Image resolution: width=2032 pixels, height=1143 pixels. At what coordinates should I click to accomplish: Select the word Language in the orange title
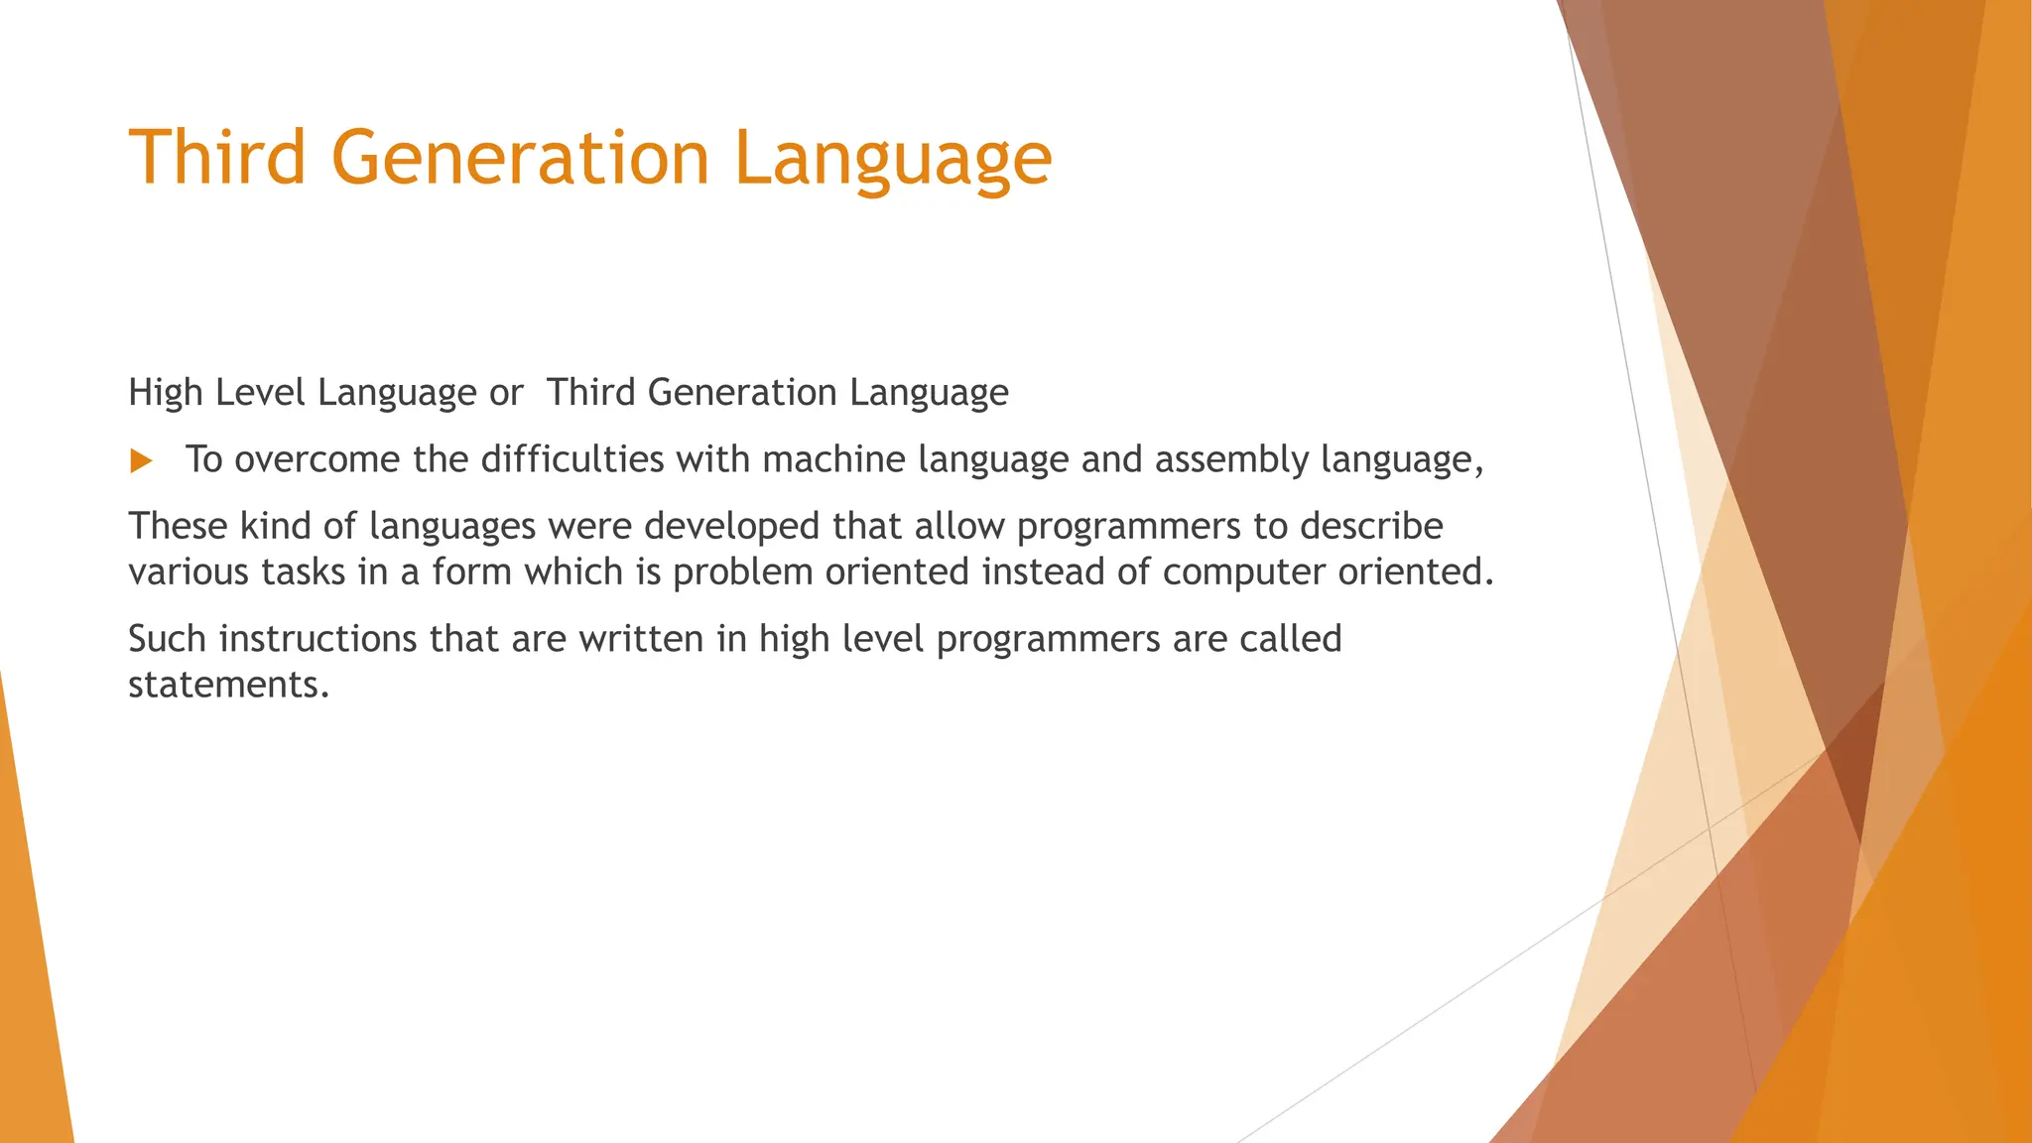[892, 159]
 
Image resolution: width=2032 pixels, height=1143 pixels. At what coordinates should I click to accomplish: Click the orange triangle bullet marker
[141, 461]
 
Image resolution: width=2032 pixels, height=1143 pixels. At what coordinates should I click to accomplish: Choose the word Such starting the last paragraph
[168, 638]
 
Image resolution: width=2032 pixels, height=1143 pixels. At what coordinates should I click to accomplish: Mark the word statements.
[227, 685]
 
